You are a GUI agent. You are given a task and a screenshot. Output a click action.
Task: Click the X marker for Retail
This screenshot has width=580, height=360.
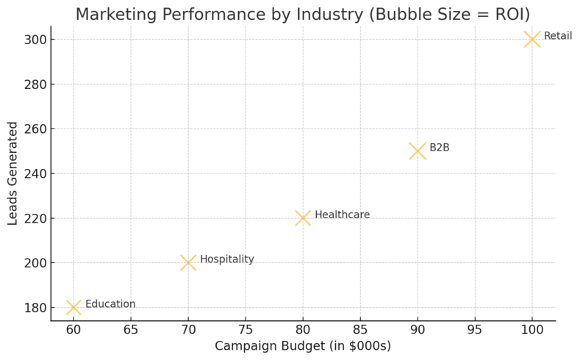click(x=532, y=39)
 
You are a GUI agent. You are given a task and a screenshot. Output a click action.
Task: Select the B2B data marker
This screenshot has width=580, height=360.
click(x=418, y=151)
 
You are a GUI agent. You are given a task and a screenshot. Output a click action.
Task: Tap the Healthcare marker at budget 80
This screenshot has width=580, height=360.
click(x=303, y=217)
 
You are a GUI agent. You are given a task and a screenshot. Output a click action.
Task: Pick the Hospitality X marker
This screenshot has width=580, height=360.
click(x=188, y=262)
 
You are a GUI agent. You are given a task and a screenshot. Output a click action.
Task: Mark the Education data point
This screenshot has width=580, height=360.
click(x=74, y=307)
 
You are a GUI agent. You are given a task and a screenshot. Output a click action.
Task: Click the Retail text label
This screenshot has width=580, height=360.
click(x=558, y=36)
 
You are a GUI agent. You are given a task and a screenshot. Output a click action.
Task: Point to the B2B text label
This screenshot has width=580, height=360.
click(x=440, y=148)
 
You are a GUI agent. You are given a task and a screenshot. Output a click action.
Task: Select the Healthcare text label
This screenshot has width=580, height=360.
click(x=342, y=215)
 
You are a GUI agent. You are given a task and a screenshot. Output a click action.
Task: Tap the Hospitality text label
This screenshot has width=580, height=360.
click(x=227, y=259)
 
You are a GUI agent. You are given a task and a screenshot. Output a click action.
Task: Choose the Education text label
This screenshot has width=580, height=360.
click(x=110, y=304)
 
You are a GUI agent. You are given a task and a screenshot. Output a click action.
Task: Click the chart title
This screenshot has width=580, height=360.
click(x=303, y=14)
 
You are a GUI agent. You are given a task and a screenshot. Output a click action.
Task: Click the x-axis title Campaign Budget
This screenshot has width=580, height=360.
click(x=303, y=346)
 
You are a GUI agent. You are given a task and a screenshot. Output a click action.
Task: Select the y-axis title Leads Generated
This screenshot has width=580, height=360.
click(x=12, y=173)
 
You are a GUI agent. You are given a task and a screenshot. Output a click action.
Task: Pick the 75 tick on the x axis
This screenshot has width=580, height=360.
click(x=246, y=330)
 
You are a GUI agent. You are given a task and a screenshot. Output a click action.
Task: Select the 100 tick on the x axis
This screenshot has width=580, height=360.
click(x=532, y=330)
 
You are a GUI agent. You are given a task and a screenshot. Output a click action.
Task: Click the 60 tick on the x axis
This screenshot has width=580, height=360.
click(x=74, y=330)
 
